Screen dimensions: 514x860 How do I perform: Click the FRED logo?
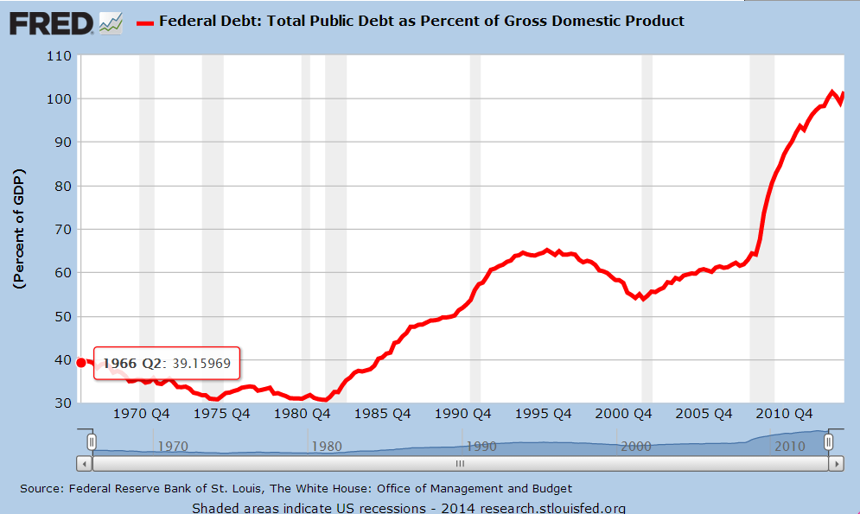(x=51, y=22)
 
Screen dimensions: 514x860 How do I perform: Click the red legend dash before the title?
(x=144, y=22)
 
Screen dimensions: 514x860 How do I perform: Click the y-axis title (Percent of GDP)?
(x=20, y=230)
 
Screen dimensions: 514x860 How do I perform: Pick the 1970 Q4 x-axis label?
(x=143, y=414)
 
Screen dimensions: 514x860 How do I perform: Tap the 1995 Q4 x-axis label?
(x=542, y=414)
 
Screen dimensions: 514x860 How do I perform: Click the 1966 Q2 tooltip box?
(x=167, y=363)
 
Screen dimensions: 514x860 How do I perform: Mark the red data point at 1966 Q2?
(x=81, y=363)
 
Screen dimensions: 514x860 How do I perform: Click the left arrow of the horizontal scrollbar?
(x=85, y=463)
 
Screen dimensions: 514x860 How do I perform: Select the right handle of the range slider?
(x=828, y=442)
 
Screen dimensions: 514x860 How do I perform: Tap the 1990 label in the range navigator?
(x=481, y=447)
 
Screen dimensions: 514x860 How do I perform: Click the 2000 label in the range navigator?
(x=635, y=447)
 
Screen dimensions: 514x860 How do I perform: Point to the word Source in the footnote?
(x=40, y=489)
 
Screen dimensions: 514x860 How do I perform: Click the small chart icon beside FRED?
(x=111, y=22)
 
